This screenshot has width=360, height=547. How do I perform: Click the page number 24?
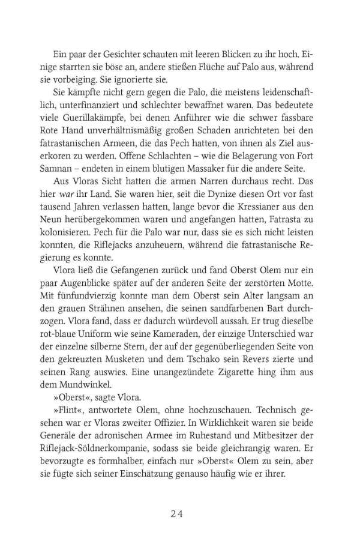point(180,514)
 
